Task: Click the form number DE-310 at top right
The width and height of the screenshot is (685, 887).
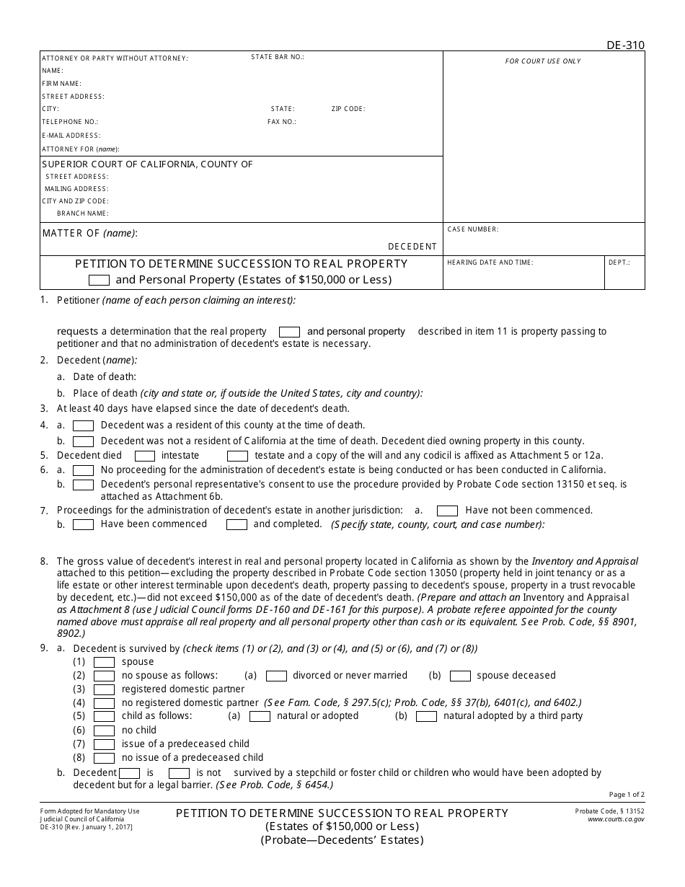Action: click(625, 45)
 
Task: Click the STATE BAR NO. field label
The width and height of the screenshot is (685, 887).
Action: click(278, 57)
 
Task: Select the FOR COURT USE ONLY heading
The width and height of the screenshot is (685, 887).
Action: click(543, 61)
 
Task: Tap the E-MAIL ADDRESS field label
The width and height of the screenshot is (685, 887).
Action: click(71, 136)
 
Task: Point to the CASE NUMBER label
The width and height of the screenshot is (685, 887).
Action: click(473, 229)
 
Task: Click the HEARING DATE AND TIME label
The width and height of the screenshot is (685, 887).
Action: click(490, 262)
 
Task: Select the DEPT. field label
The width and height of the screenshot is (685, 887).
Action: click(619, 262)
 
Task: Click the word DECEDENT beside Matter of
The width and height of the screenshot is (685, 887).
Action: click(412, 247)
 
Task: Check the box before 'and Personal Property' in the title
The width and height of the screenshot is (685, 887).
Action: click(99, 281)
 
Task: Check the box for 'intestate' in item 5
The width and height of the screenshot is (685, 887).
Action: click(145, 456)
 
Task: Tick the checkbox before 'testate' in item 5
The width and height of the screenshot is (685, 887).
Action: click(237, 456)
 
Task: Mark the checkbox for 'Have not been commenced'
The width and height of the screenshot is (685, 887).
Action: click(448, 511)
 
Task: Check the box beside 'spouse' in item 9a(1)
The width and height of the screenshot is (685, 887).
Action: click(105, 662)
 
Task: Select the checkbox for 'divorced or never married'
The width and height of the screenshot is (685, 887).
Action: click(276, 676)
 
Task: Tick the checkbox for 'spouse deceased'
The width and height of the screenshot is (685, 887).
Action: click(460, 676)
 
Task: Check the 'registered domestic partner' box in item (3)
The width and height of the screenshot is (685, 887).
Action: click(105, 689)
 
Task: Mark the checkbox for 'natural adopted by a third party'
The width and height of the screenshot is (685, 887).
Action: click(426, 716)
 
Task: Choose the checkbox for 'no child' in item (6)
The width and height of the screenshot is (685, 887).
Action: click(105, 731)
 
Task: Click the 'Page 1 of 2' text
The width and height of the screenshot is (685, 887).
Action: click(627, 795)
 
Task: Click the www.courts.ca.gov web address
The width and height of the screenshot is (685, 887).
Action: click(616, 819)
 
